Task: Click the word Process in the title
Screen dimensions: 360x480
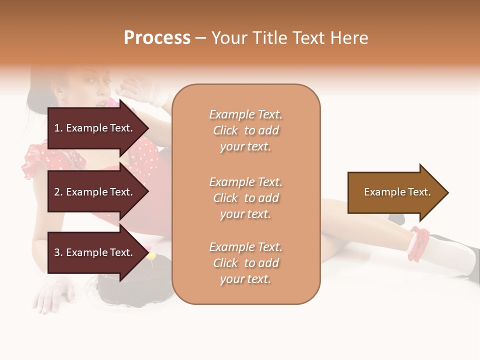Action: point(157,38)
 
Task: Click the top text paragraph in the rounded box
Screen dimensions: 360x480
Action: point(245,130)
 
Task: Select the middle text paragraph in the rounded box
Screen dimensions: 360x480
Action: point(245,198)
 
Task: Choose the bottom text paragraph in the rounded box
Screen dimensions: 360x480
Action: point(245,263)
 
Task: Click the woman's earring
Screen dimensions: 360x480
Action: point(64,96)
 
